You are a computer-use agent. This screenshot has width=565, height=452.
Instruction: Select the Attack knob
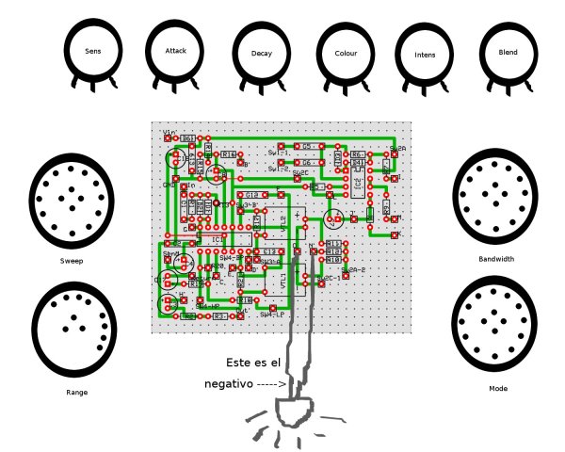coord(176,51)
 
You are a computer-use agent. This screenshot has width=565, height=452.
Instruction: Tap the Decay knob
coord(262,54)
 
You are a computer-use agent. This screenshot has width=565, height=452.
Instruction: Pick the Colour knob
coord(346,53)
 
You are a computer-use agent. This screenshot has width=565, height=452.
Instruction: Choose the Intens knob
coord(425,55)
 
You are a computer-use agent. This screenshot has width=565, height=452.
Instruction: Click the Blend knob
coord(508,53)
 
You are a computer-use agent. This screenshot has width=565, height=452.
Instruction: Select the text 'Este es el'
coord(255,363)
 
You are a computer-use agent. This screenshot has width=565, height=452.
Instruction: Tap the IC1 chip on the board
coord(218,239)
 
